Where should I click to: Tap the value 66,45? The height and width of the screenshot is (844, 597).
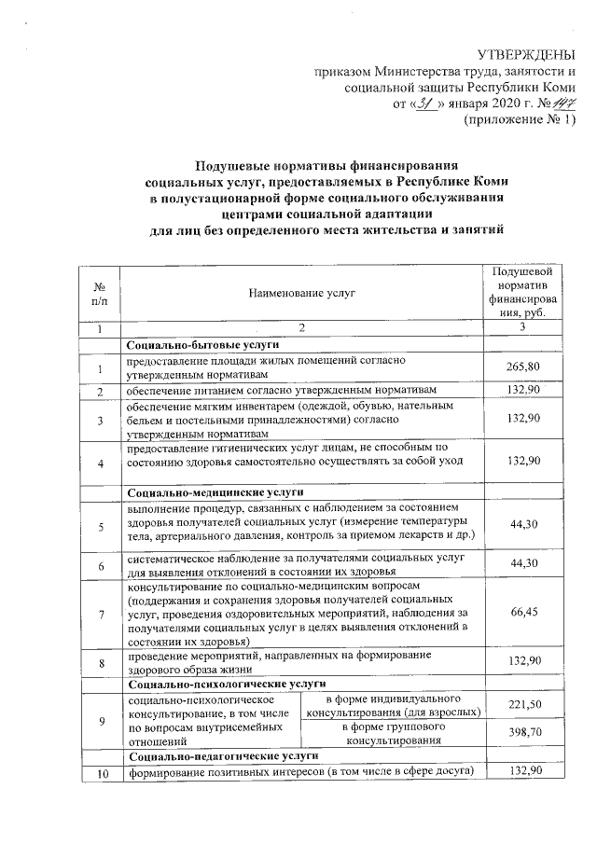click(523, 611)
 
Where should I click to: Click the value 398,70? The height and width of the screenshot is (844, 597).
click(523, 734)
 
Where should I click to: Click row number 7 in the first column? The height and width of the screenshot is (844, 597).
click(101, 611)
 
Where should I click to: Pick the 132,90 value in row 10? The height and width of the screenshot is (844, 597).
click(523, 771)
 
